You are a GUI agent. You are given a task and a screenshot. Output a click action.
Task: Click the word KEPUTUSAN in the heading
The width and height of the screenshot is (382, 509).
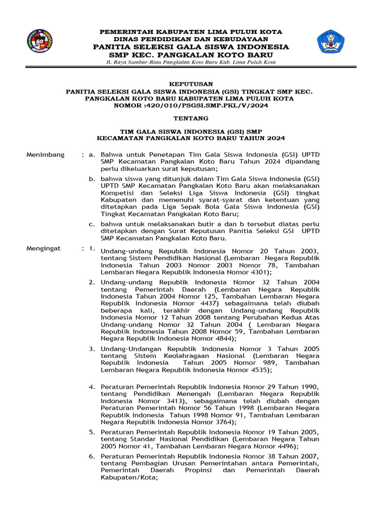pyautogui.click(x=191, y=84)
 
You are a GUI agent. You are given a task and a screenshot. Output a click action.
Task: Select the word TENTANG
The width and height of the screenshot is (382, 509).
pyautogui.click(x=191, y=118)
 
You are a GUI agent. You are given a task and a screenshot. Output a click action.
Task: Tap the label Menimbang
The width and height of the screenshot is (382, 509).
pyautogui.click(x=45, y=155)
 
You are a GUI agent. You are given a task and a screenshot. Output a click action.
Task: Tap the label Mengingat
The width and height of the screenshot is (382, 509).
pyautogui.click(x=44, y=248)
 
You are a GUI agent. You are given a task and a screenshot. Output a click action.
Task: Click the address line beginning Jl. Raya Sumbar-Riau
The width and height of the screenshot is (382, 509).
pyautogui.click(x=191, y=62)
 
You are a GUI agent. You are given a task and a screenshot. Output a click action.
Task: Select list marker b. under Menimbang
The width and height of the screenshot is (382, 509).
pyautogui.click(x=92, y=178)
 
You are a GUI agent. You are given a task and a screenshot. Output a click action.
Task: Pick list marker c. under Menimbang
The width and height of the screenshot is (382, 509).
pyautogui.click(x=92, y=224)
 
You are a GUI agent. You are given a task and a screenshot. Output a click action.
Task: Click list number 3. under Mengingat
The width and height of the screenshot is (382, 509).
pyautogui.click(x=92, y=349)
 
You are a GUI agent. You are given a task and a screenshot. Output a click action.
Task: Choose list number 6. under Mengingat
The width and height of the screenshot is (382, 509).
pyautogui.click(x=92, y=456)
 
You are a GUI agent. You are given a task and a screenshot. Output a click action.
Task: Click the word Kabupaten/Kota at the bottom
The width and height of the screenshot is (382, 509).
pyautogui.click(x=128, y=477)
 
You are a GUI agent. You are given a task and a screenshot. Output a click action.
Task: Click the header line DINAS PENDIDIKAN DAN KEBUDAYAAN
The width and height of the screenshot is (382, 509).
pyautogui.click(x=191, y=39)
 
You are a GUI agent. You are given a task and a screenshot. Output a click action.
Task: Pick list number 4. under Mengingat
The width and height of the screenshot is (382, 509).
pyautogui.click(x=92, y=387)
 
